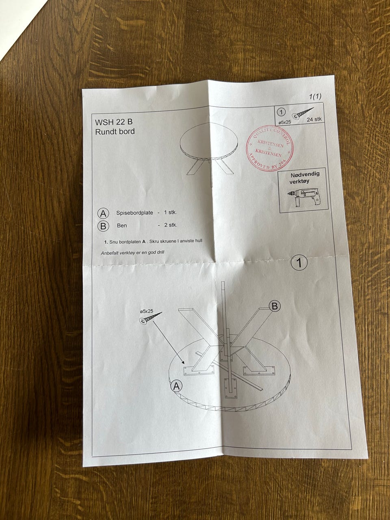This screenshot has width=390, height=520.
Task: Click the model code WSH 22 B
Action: point(114,122)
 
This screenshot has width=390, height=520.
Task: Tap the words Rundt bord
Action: point(115,132)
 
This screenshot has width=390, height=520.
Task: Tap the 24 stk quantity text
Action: point(314,119)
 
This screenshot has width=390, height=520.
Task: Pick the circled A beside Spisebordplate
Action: point(103,213)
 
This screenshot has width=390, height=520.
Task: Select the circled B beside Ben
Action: point(103,226)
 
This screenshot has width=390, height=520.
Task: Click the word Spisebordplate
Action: point(134,213)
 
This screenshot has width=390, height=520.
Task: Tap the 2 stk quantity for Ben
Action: point(171,225)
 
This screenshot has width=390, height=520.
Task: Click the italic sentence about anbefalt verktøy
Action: point(132,253)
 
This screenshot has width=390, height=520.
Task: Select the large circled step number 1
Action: point(299,263)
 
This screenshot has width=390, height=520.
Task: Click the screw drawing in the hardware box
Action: point(303,113)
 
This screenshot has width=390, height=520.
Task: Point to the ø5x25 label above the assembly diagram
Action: point(147,311)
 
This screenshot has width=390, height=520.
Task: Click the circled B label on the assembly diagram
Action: point(275,306)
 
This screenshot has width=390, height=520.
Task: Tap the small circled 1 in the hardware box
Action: point(281,112)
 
